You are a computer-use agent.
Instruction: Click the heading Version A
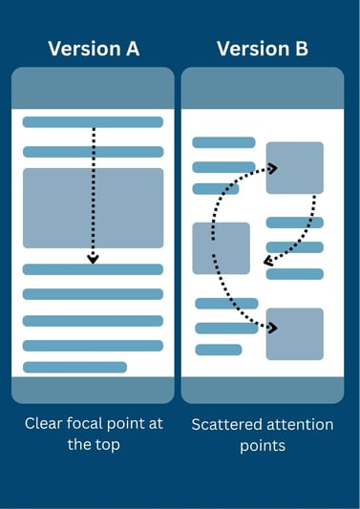tap(93, 49)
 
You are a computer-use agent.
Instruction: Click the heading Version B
tap(263, 49)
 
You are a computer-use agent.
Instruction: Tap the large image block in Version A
tap(93, 208)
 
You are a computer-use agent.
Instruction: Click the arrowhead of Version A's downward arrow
tap(93, 257)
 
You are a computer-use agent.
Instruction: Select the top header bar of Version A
tap(93, 88)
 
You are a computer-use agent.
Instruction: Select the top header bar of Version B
tap(262, 88)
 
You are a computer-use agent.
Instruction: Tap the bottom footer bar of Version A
tap(93, 390)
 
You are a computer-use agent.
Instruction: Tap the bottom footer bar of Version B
tap(262, 390)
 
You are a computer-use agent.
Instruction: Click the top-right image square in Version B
tap(294, 168)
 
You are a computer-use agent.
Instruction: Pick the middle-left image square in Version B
tap(221, 248)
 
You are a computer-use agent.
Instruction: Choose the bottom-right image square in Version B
tap(294, 334)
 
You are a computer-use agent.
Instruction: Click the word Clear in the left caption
tap(44, 424)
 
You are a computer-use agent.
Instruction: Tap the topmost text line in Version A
tap(93, 122)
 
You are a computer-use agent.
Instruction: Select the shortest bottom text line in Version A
tap(74, 368)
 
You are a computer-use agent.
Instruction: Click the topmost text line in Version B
tap(223, 142)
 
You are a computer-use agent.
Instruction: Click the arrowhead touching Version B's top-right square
tap(272, 169)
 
